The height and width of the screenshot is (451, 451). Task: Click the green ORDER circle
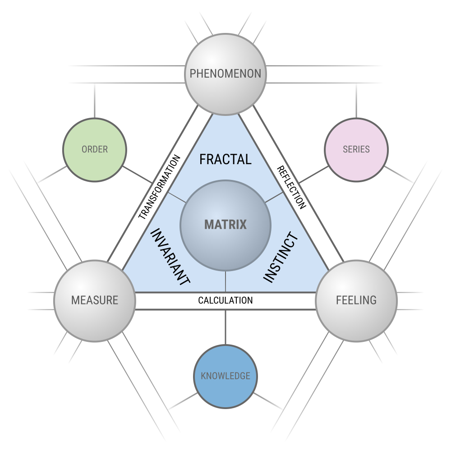[95, 150]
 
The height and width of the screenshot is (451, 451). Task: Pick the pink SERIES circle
[356, 150]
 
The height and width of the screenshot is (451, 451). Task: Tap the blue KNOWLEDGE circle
[225, 376]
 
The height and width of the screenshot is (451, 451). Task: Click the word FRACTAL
[225, 159]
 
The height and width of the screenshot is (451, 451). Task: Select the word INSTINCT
[281, 258]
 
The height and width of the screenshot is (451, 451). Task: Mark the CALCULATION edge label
[225, 300]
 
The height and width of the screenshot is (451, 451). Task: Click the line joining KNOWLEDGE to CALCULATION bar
[225, 327]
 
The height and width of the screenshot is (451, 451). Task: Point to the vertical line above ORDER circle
[95, 101]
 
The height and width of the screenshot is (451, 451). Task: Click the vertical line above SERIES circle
[356, 101]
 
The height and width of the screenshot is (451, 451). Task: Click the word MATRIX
[225, 224]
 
